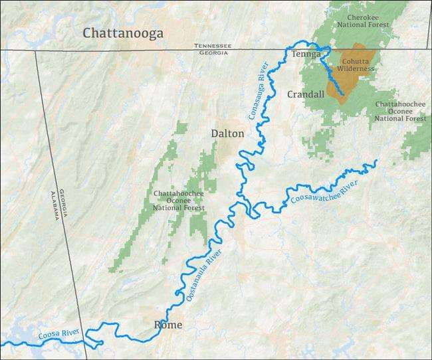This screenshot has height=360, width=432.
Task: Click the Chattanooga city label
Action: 123,33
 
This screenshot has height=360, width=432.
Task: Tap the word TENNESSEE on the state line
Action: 213,46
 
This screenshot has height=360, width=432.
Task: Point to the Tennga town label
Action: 306,54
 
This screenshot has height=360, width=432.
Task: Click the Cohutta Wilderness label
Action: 355,64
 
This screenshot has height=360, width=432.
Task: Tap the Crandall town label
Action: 306,94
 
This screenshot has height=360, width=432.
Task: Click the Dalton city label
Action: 227,134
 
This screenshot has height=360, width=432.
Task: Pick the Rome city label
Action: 167,325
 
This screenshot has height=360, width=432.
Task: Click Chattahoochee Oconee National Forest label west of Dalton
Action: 179,200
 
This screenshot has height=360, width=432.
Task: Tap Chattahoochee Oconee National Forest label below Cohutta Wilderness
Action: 400,111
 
